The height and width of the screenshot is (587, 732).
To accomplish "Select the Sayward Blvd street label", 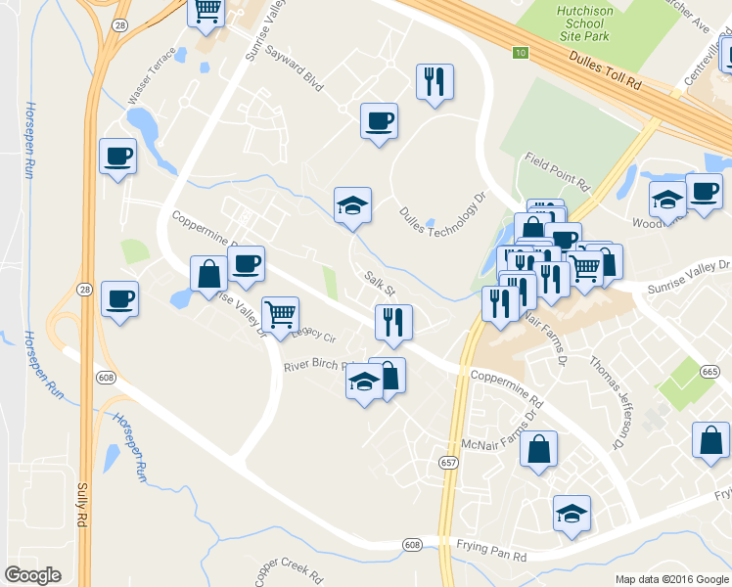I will tap(294, 67).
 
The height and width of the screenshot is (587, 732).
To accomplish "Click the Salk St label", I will tap(379, 285).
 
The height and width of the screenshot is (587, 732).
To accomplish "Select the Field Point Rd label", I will tap(558, 170).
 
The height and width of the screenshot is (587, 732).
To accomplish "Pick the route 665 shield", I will tap(710, 372).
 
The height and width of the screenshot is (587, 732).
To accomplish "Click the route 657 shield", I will tap(448, 463).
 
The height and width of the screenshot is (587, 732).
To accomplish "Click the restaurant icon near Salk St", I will tap(393, 322).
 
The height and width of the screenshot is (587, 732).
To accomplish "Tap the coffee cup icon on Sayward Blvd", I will tap(379, 121).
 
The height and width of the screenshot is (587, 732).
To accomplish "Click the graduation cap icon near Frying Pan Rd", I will tap(572, 513).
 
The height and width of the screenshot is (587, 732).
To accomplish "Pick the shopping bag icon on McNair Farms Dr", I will tap(538, 449).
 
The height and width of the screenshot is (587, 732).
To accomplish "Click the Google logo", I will tap(32, 575).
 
